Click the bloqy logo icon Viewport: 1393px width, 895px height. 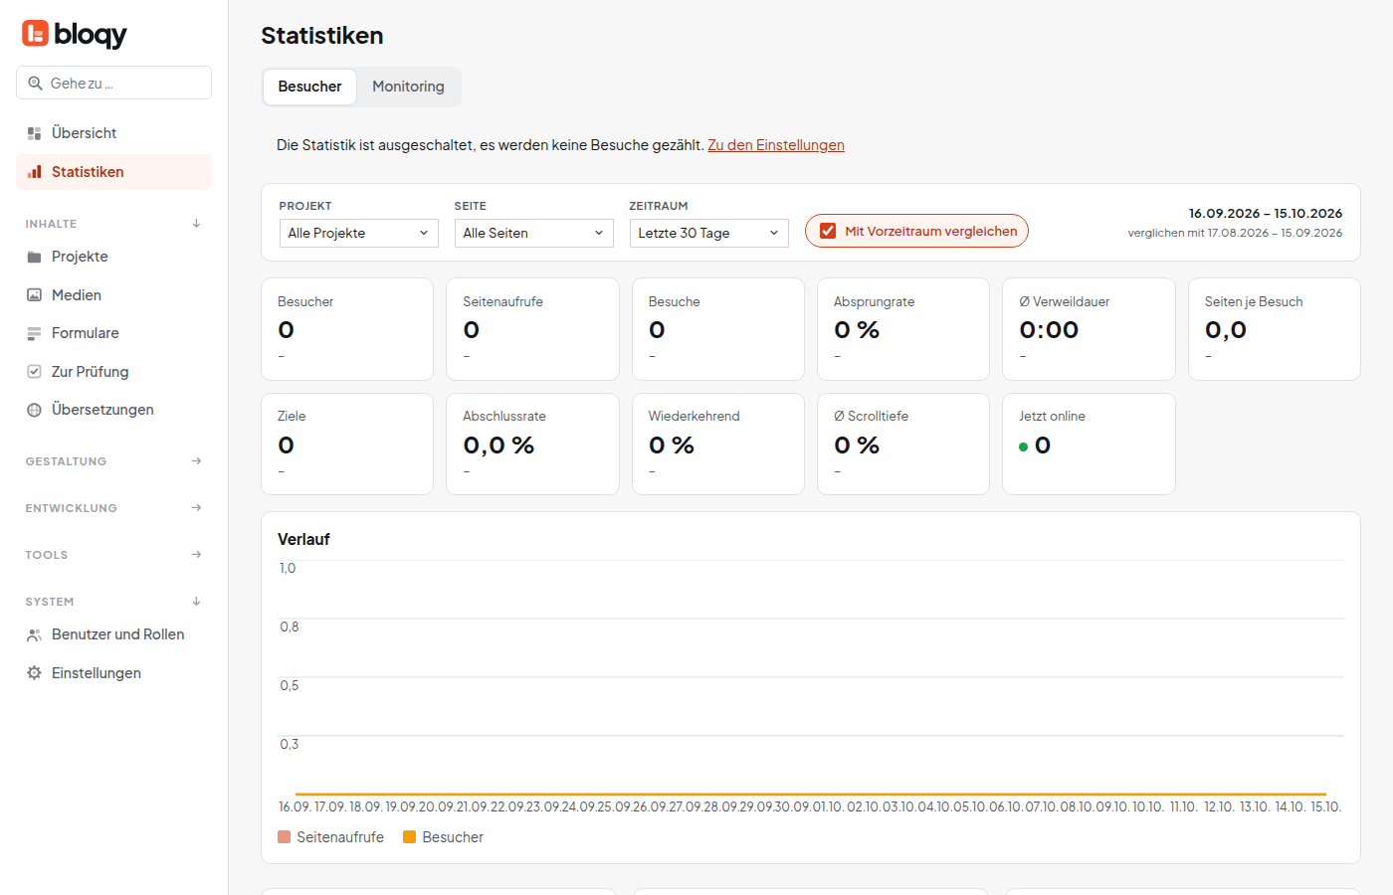point(36,34)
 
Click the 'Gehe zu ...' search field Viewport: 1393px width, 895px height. point(113,83)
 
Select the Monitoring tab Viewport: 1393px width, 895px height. point(408,87)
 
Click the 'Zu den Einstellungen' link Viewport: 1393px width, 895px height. point(775,145)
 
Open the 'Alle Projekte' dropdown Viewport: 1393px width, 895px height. point(358,233)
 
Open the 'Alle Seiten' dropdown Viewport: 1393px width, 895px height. point(533,233)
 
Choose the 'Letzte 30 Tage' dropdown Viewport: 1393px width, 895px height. point(708,233)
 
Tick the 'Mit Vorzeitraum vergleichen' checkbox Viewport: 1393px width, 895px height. point(828,231)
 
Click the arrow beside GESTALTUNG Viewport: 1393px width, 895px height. point(197,461)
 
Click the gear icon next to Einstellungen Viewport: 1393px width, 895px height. point(34,673)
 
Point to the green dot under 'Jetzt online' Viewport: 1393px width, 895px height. point(1023,447)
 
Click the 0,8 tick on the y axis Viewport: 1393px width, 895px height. point(290,627)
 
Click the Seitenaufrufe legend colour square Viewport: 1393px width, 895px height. point(285,837)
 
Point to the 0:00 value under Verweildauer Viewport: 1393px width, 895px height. point(1049,330)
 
